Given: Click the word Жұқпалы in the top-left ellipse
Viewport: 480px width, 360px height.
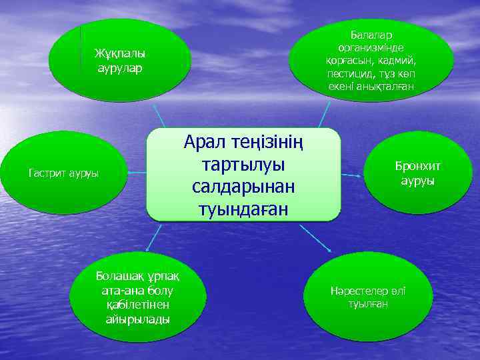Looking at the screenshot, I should coord(120,54).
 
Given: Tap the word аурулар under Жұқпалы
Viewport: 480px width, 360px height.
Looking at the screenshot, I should coord(120,68).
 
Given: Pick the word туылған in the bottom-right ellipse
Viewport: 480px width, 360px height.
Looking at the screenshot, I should coord(366,305).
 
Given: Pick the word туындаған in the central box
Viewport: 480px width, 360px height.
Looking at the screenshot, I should coord(243,209).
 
